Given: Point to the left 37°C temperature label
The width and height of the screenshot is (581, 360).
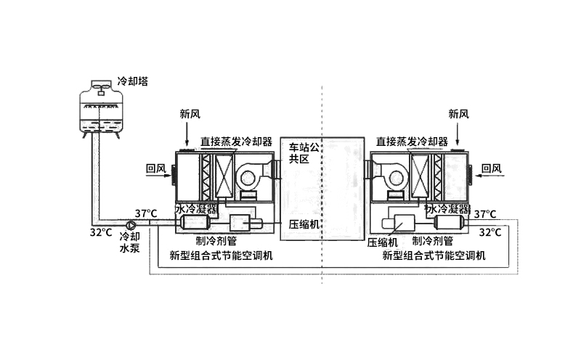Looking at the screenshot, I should click(145, 213).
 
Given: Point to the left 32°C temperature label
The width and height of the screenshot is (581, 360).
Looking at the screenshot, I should click(101, 233).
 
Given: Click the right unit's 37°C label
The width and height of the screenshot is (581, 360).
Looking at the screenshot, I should click(485, 214).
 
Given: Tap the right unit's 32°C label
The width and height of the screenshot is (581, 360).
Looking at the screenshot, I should click(490, 232).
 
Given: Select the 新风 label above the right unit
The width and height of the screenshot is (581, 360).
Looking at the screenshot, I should click(458, 114).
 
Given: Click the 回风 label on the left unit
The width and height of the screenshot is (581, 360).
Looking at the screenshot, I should click(156, 169).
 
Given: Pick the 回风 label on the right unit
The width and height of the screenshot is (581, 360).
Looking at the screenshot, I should click(492, 169).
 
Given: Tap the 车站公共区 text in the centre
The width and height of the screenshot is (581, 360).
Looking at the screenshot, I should click(305, 152).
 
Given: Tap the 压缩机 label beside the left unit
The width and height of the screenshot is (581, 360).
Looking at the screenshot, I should click(304, 224).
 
